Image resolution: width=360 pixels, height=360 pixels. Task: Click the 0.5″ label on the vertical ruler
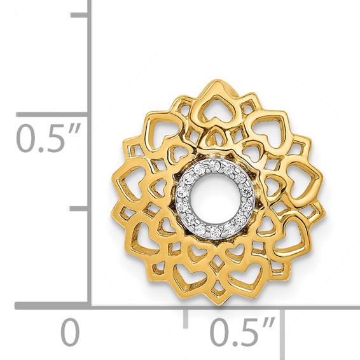(50, 137)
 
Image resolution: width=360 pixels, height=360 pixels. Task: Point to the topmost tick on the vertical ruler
(79, 16)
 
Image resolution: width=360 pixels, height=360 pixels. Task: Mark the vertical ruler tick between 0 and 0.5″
(79, 209)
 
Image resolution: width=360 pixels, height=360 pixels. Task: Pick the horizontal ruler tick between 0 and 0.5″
(185, 317)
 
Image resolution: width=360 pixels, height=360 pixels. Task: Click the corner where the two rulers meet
(88, 307)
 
